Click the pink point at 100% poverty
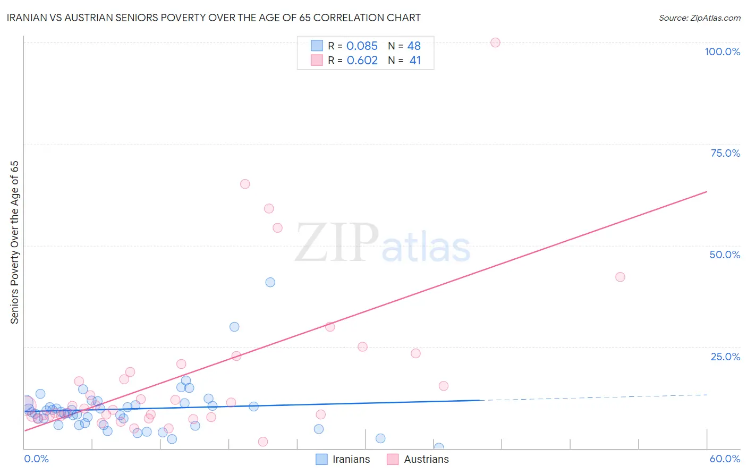click(x=495, y=43)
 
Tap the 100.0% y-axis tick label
click(x=722, y=52)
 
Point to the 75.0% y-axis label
click(x=725, y=153)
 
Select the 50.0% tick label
click(x=725, y=255)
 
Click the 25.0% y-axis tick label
click(x=725, y=357)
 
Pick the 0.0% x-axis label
click(x=36, y=459)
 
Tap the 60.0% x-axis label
click(x=725, y=459)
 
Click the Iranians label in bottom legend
click(x=351, y=459)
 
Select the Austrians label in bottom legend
click(x=426, y=459)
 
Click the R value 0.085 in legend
click(x=362, y=46)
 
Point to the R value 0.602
click(x=362, y=60)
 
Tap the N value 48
click(x=414, y=46)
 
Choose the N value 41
click(x=415, y=60)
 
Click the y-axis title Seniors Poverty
click(x=14, y=242)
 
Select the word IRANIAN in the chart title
click(x=29, y=18)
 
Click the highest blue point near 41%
click(x=270, y=282)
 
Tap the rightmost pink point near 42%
click(x=620, y=277)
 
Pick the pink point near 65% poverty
click(x=245, y=184)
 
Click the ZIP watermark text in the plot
click(x=337, y=243)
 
